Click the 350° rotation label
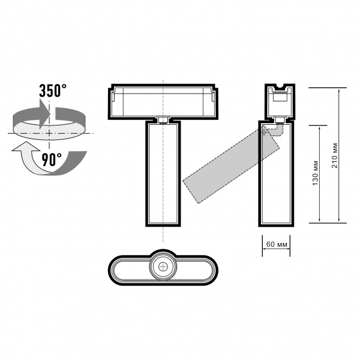pos(53,91)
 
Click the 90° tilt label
pos(52,160)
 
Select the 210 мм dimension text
pos(335,155)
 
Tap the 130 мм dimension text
pos(316,173)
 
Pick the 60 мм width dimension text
pos(277,244)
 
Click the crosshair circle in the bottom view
pos(163,266)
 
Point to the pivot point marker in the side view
pos(264,132)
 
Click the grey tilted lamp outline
pos(231,164)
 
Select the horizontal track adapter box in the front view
pos(163,102)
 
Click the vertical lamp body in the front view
pos(163,174)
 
